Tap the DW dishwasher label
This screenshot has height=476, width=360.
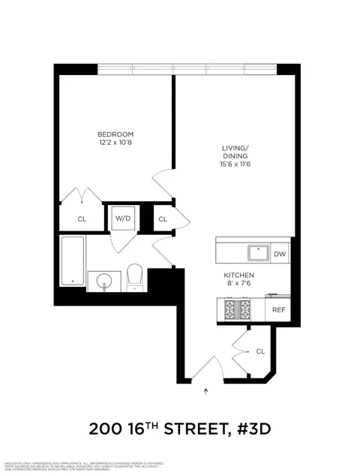tap(279, 255)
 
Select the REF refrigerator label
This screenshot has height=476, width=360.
tap(278, 309)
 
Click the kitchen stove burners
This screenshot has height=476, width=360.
tap(240, 309)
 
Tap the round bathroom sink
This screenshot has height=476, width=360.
tap(103, 282)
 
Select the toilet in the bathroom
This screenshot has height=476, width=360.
tap(135, 277)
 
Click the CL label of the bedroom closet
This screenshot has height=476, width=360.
tap(82, 219)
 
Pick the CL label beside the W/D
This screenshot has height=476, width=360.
tap(163, 219)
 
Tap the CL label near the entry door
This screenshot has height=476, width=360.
tap(260, 351)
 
